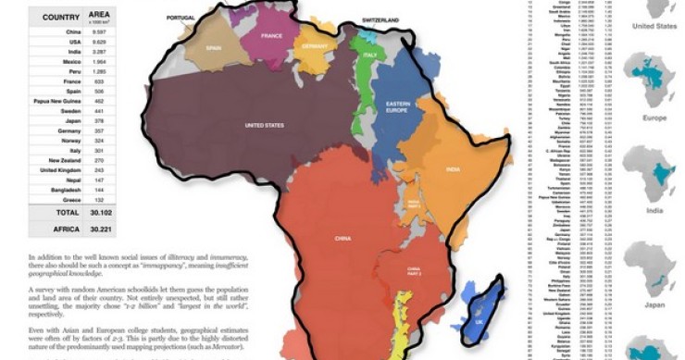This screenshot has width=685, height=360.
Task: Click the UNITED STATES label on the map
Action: coord(264,124)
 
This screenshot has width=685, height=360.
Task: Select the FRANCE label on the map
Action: coord(271,36)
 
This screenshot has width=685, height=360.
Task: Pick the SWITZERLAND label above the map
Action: coord(380,19)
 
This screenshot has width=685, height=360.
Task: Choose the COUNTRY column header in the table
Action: coord(59,16)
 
